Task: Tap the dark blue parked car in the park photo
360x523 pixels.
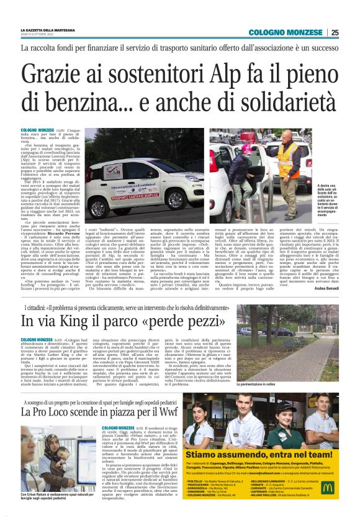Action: pyautogui.click(x=246, y=330)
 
